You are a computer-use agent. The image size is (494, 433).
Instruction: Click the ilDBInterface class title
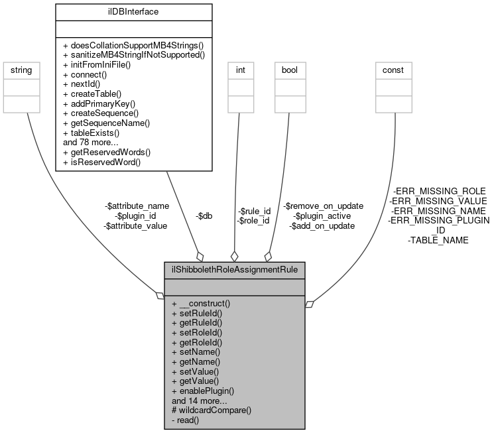pyautogui.click(x=133, y=11)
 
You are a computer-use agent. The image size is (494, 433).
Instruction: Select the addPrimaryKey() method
pyautogui.click(x=99, y=104)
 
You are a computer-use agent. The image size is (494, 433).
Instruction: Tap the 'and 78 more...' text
pyautogui.click(x=91, y=142)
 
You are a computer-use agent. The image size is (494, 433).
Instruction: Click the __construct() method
pyautogui.click(x=201, y=302)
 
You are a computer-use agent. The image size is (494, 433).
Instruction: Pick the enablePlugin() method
pyautogui.click(x=203, y=391)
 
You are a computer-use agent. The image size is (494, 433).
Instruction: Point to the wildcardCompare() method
pyautogui.click(x=212, y=410)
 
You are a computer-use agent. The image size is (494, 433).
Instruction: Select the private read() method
pyautogui.click(x=185, y=420)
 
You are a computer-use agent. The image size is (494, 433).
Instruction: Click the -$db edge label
pyautogui.click(x=204, y=216)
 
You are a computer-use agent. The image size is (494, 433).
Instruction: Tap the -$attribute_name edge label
pyautogui.click(x=137, y=206)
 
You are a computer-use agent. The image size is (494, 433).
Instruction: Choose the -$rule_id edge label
pyautogui.click(x=255, y=211)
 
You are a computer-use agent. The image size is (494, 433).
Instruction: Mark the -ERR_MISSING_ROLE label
pyautogui.click(x=438, y=191)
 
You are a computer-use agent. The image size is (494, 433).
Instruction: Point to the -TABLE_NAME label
pyautogui.click(x=438, y=240)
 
